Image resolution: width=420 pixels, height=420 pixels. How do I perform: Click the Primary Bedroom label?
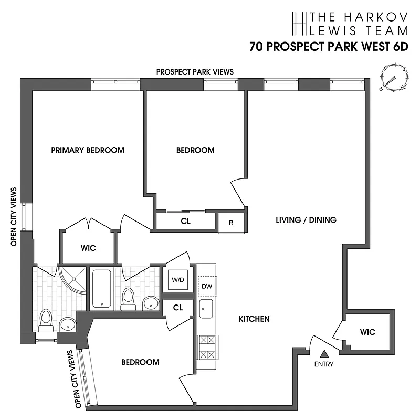88,150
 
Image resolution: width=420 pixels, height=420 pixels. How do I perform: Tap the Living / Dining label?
306,220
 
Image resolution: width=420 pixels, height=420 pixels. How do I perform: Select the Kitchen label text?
254,319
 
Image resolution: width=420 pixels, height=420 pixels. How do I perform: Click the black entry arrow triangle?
324,354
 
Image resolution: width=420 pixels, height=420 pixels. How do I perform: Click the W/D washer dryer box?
177,280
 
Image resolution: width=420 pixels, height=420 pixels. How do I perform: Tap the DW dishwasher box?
206,286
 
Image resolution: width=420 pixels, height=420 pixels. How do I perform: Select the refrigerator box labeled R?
231,222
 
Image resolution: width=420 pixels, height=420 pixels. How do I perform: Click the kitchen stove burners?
206,347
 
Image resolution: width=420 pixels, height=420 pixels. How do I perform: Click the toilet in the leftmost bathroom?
46,319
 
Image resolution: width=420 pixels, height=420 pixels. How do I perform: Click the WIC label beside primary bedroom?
88,248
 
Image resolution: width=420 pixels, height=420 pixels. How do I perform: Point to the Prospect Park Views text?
195,72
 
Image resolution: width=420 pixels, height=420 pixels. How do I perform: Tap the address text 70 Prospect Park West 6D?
329,46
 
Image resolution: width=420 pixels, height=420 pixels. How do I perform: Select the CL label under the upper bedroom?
185,221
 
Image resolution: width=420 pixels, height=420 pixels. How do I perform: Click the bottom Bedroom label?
140,362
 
